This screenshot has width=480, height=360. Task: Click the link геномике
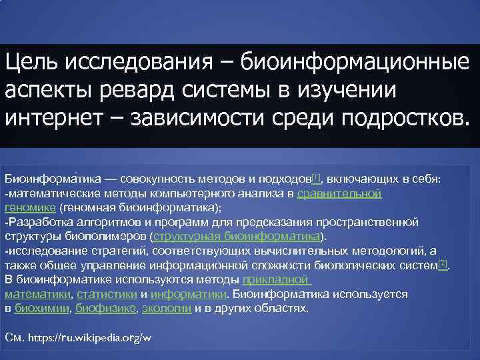[x=27, y=207]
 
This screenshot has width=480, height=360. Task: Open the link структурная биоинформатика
[x=237, y=236]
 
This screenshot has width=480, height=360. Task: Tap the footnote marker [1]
[x=316, y=177]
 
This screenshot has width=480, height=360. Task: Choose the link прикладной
[x=277, y=279]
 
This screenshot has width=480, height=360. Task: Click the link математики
[x=37, y=294]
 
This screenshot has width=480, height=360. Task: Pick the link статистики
[x=107, y=294]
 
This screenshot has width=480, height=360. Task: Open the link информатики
[x=188, y=294]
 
